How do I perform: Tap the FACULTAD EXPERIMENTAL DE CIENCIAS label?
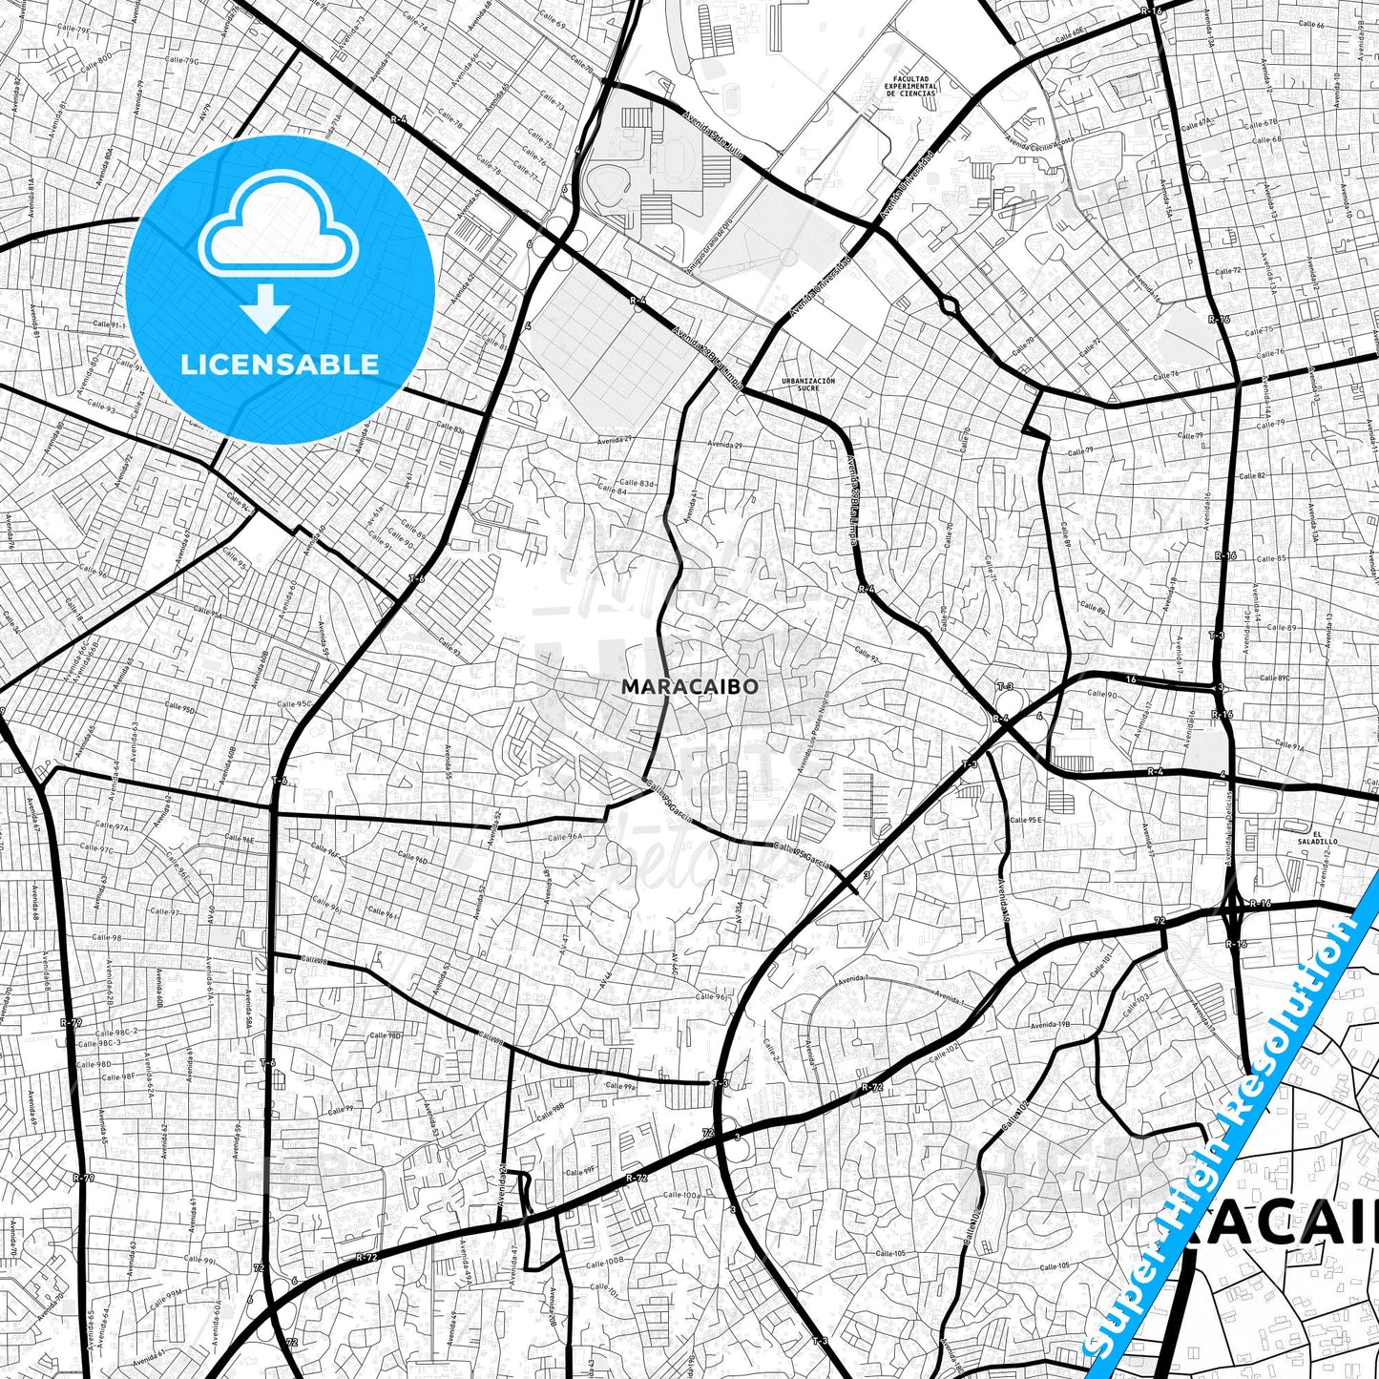tap(911, 87)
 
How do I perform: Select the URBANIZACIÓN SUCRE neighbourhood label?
tap(807, 384)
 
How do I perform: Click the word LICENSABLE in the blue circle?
tap(280, 365)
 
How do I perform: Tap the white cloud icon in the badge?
tap(278, 226)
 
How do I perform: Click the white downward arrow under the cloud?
tap(265, 306)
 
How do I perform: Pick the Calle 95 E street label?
tap(1027, 820)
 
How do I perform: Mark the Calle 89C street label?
tap(1273, 679)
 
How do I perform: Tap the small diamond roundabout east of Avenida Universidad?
tap(948, 305)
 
